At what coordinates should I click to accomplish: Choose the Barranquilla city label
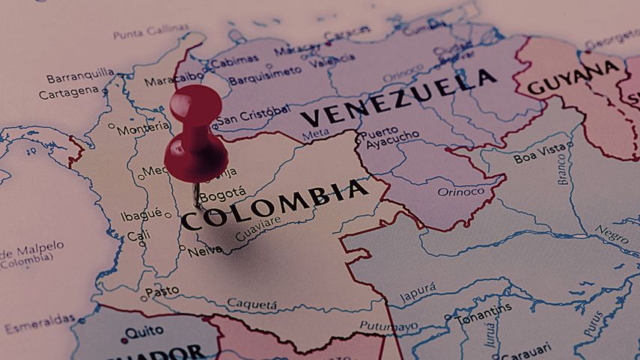[80, 76]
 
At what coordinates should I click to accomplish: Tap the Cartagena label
[68, 92]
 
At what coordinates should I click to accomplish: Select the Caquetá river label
[252, 303]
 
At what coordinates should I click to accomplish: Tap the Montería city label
[143, 129]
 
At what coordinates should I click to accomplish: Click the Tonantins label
[483, 309]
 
